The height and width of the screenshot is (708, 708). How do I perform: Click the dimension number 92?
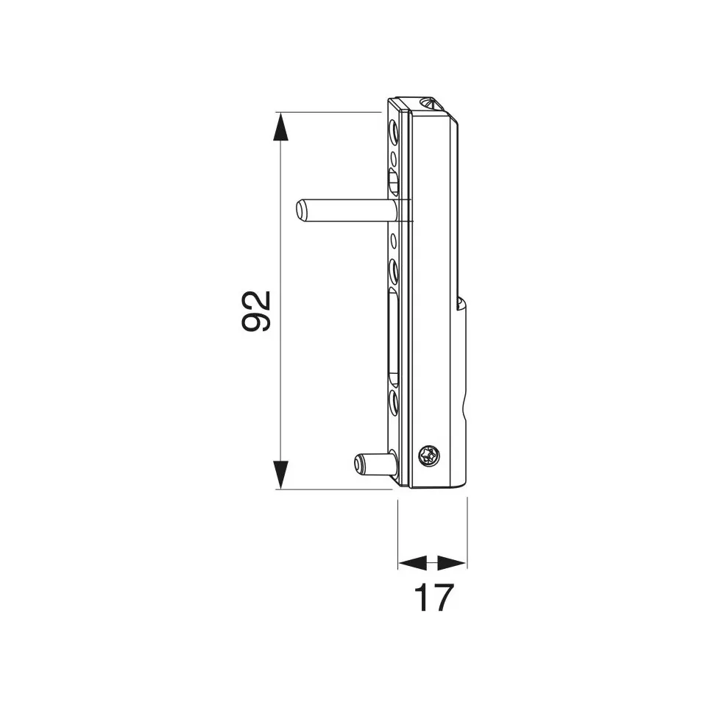pyautogui.click(x=257, y=311)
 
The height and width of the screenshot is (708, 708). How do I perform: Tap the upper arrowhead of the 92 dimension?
pyautogui.click(x=280, y=126)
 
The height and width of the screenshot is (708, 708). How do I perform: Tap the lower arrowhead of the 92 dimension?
pyautogui.click(x=280, y=474)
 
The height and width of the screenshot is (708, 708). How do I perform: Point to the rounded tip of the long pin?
pyautogui.click(x=300, y=210)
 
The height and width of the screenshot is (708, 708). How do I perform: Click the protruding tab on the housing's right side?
pyautogui.click(x=462, y=368)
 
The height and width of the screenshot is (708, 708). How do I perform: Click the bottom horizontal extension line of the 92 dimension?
pyautogui.click(x=331, y=488)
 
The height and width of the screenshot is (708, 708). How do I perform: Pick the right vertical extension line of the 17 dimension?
pyautogui.click(x=467, y=534)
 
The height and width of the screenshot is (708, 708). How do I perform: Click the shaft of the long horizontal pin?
pyautogui.click(x=346, y=209)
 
